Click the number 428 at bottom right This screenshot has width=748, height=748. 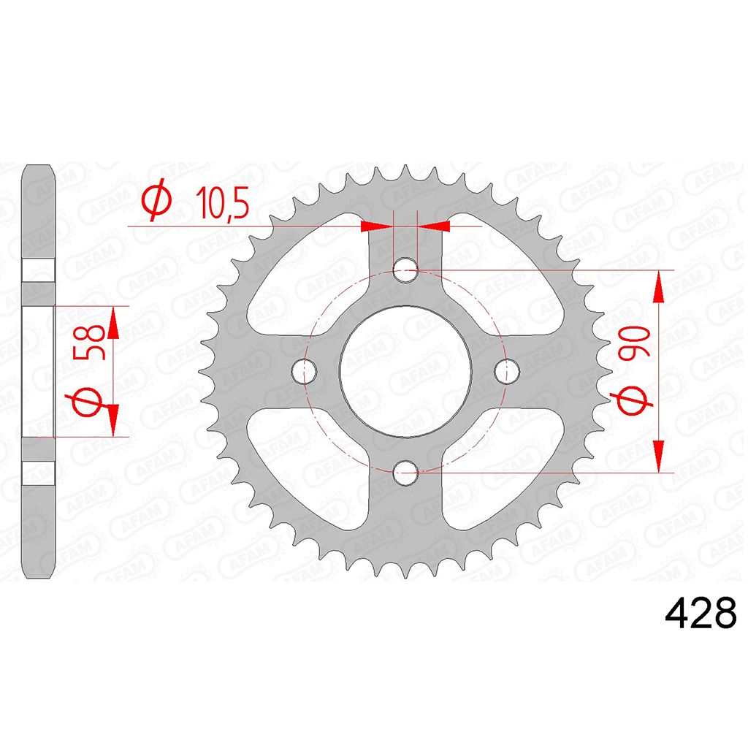701,613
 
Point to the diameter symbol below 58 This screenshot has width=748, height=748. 88,400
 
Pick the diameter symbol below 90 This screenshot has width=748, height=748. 635,400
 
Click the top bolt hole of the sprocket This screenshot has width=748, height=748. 405,270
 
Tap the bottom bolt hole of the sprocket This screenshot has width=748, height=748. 405,473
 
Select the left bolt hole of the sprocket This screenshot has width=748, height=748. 304,371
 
